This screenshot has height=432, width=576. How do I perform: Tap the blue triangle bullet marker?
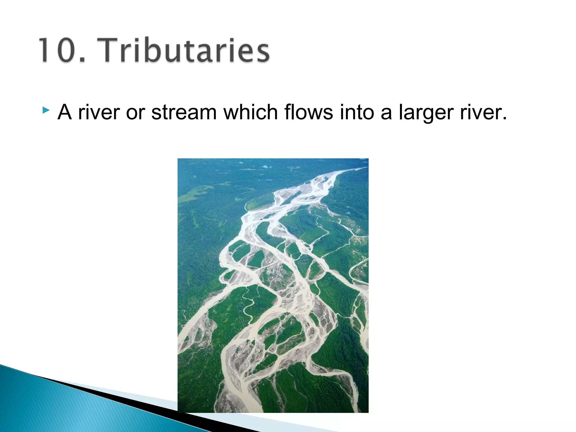(x=46, y=110)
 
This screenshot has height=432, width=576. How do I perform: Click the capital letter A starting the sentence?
(x=64, y=112)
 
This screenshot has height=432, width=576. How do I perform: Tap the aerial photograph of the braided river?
(x=273, y=285)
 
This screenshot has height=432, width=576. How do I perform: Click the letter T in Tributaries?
(x=110, y=51)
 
